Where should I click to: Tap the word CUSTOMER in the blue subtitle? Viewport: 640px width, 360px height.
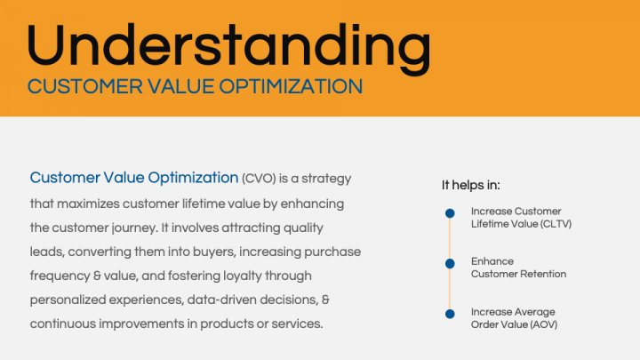coord(76,87)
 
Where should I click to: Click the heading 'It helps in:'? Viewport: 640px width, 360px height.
coord(471,185)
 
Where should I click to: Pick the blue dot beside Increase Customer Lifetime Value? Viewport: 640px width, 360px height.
coord(450,213)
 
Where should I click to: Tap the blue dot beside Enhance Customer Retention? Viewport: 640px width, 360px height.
coord(450,263)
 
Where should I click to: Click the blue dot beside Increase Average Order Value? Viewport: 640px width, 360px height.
coord(450,313)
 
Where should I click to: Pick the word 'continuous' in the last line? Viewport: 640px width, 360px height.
coord(64,324)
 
